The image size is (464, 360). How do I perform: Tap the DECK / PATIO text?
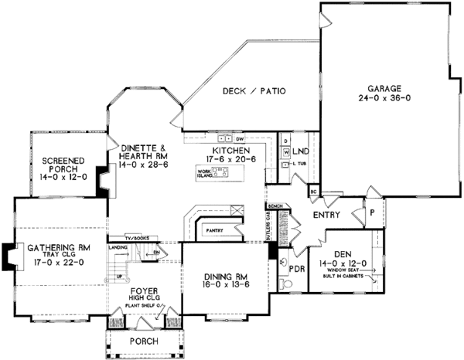[254, 91]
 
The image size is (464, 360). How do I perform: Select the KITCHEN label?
[230, 149]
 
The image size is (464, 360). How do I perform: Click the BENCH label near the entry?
[273, 207]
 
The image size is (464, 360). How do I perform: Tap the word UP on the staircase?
[118, 276]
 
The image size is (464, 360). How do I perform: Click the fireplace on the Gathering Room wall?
[9, 257]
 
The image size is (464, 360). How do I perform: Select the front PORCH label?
[145, 341]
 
